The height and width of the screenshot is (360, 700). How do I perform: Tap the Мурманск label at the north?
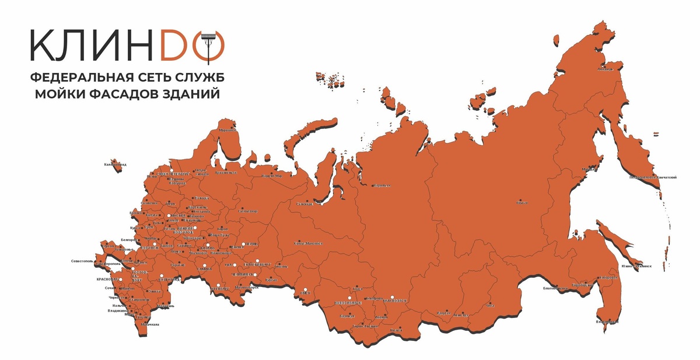228,130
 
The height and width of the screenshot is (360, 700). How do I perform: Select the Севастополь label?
82,261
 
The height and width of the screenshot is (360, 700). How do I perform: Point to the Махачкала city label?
149,324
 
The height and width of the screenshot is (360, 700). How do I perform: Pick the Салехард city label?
304,204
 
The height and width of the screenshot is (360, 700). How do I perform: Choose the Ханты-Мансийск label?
307,242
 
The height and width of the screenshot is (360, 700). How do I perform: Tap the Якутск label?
521,203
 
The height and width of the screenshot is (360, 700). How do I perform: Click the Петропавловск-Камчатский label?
653,177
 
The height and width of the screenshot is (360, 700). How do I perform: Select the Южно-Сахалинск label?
636,266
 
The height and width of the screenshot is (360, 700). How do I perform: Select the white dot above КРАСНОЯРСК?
393,296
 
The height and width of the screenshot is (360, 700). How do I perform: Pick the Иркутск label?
443,313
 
